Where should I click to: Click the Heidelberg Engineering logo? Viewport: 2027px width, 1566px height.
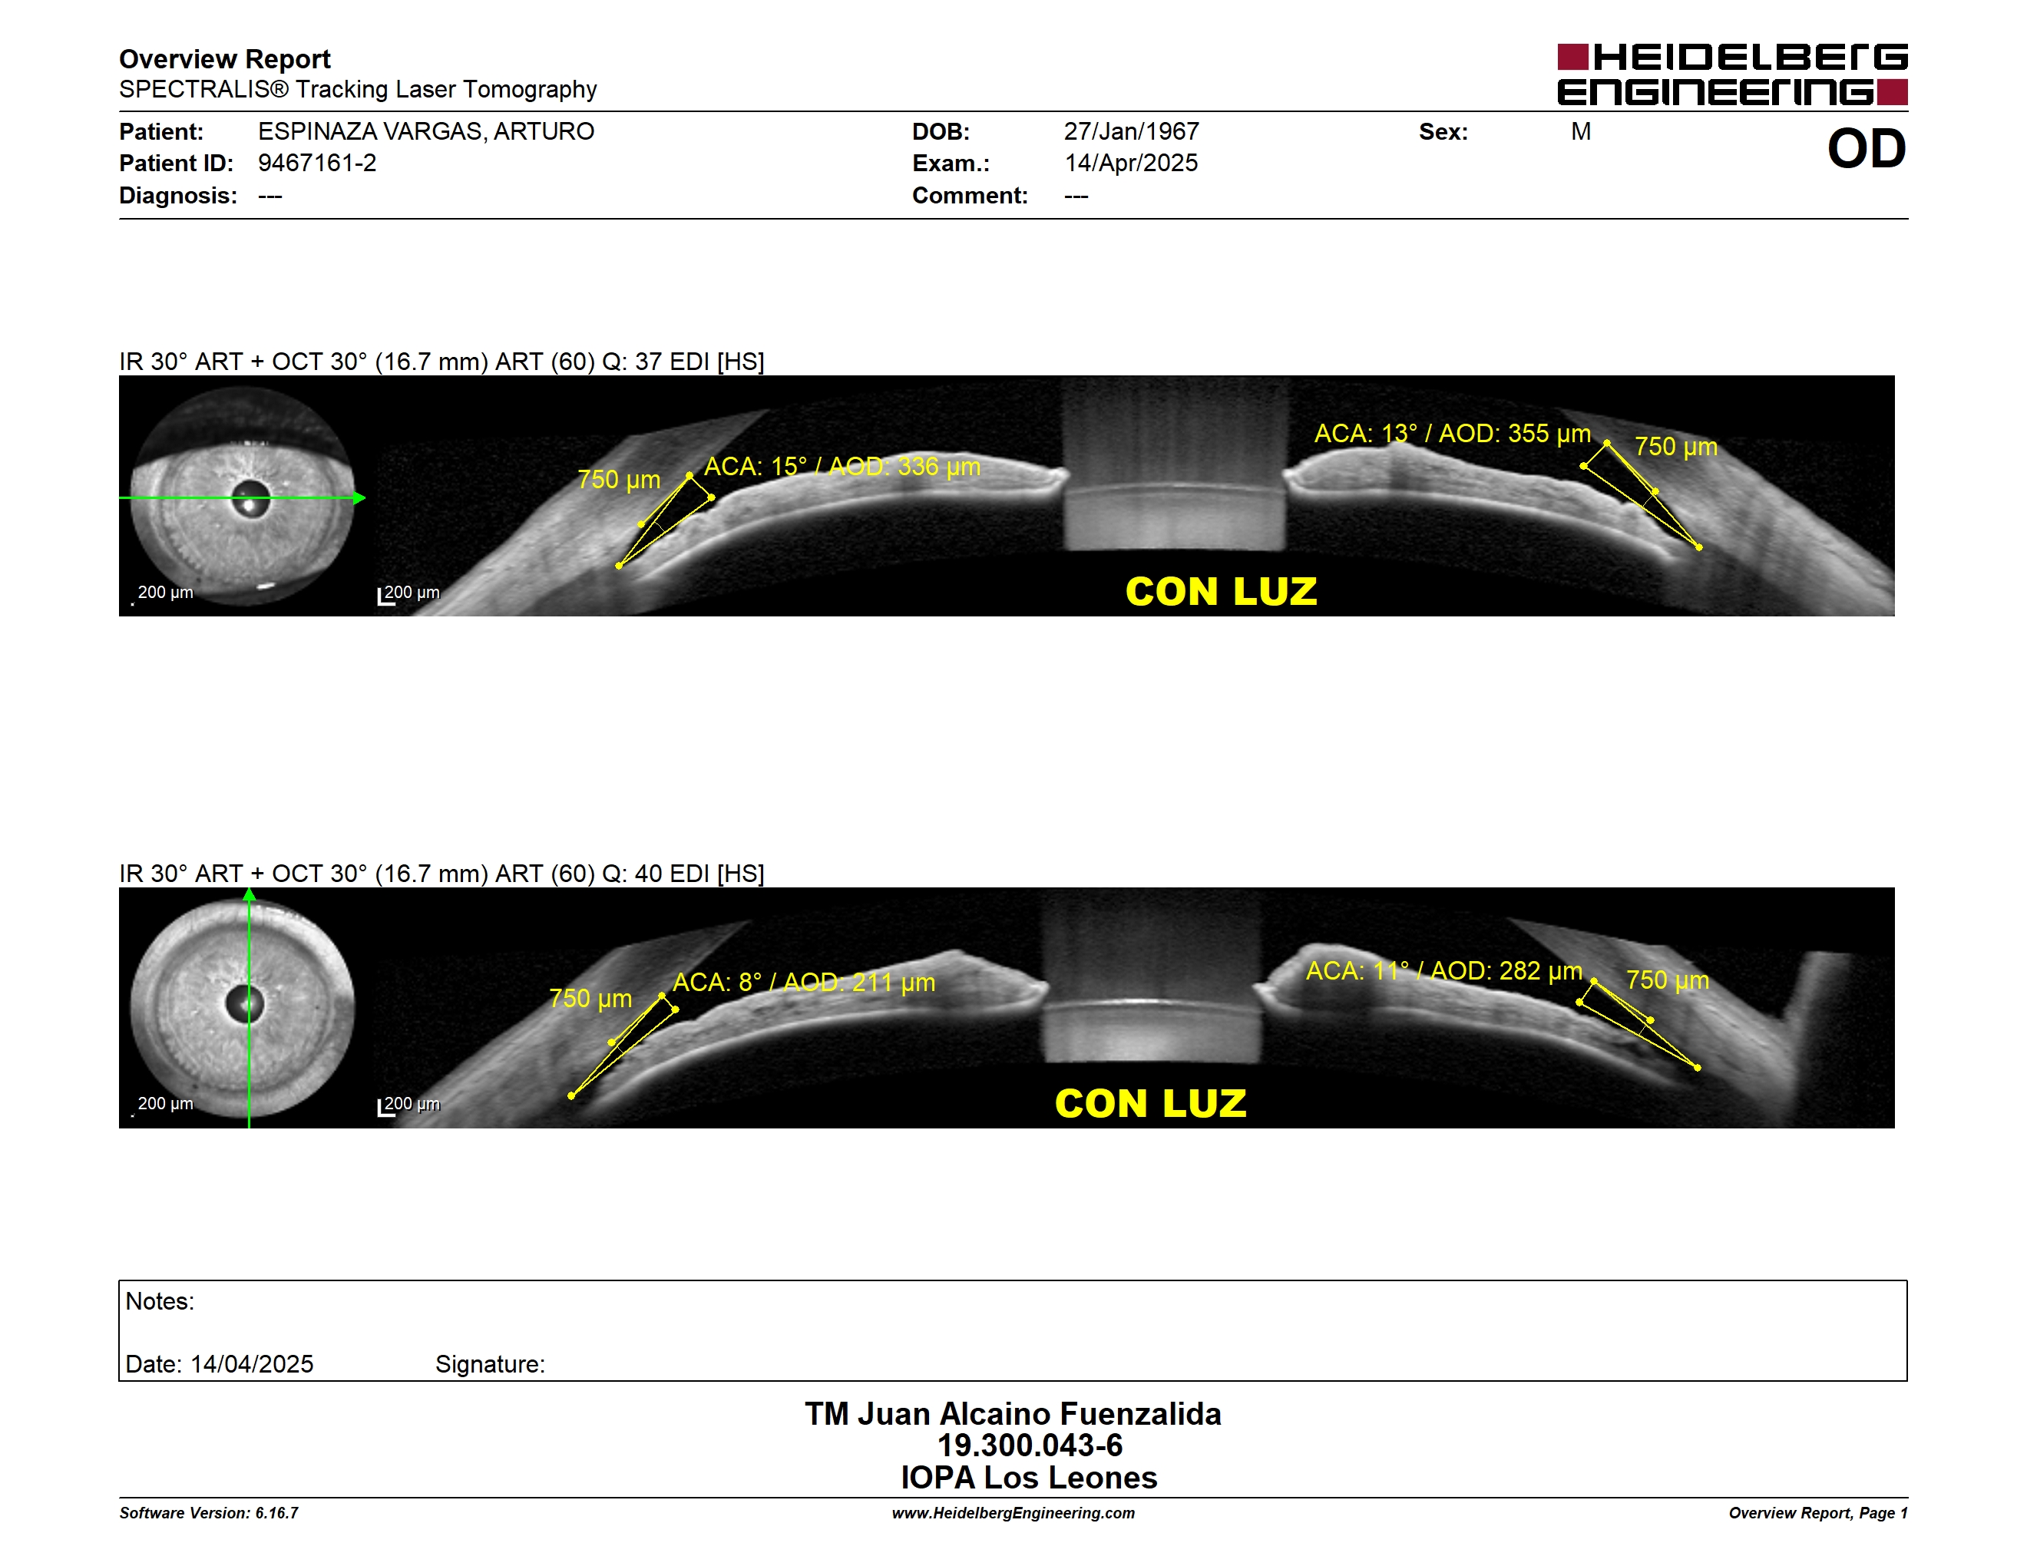[x=1732, y=74]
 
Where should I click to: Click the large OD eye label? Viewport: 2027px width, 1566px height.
[x=1867, y=148]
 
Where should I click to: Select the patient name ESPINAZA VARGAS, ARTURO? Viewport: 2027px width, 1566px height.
[x=426, y=132]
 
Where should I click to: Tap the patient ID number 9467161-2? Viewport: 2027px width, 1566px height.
[x=317, y=164]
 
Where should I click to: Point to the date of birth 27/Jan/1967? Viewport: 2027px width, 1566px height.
[x=1132, y=132]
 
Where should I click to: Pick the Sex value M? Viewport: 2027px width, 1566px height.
[x=1581, y=132]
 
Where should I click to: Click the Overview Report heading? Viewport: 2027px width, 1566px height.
[x=225, y=59]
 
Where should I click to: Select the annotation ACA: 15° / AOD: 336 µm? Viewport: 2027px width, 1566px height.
[x=842, y=466]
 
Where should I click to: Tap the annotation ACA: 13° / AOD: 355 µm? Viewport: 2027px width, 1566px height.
[x=1453, y=433]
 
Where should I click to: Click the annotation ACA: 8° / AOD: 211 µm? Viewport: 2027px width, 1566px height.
[x=804, y=982]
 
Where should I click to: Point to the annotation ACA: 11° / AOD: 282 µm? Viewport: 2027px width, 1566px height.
[x=1444, y=970]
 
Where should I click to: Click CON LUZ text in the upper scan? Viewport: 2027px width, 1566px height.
[x=1222, y=592]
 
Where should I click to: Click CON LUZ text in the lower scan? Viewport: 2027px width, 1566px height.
[x=1151, y=1104]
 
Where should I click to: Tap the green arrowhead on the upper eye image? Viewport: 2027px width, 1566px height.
[x=359, y=498]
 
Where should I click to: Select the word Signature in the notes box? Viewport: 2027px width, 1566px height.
[x=489, y=1364]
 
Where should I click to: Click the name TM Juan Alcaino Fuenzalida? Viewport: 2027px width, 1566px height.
[x=1013, y=1414]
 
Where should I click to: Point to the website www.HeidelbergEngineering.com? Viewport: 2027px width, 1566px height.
[x=1013, y=1513]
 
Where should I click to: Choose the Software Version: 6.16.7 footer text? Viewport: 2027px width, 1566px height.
[x=209, y=1513]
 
